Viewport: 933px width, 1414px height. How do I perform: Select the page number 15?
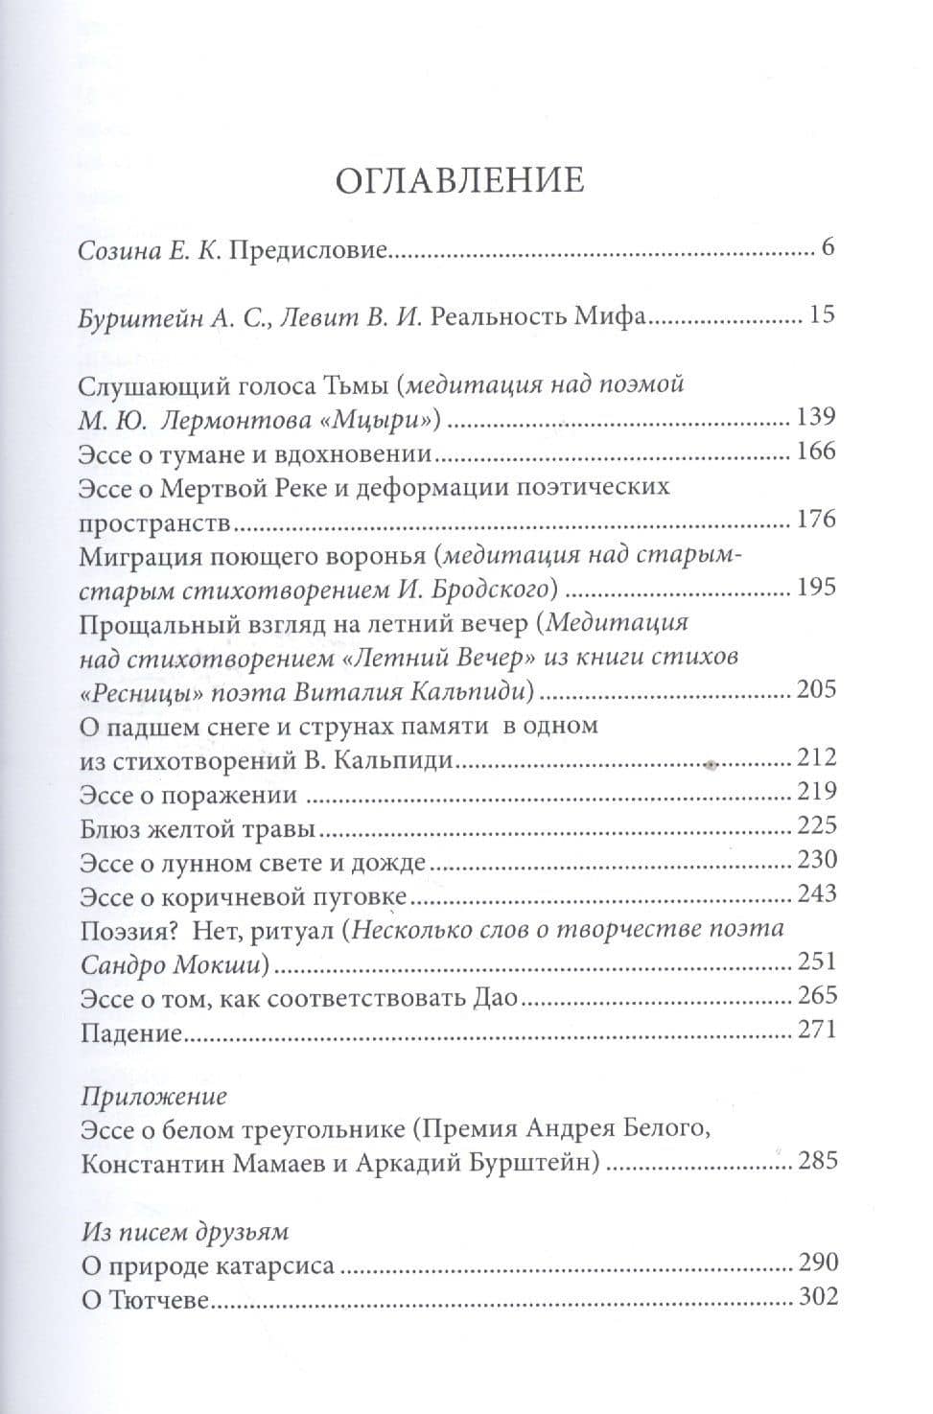[823, 314]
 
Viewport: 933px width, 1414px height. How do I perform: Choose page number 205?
[817, 689]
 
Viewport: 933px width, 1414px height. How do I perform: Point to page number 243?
[817, 893]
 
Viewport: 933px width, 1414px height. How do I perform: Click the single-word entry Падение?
[131, 1031]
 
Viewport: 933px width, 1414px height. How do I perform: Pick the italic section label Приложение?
[153, 1096]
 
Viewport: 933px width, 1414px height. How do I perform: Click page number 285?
[817, 1162]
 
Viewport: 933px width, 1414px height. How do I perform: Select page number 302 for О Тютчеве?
[817, 1298]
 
